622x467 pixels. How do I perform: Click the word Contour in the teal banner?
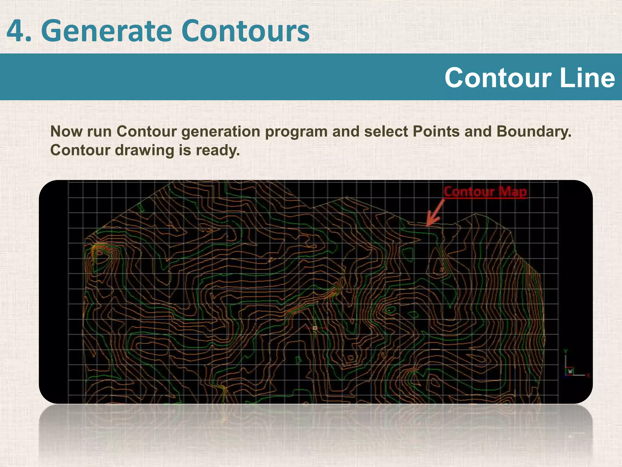tap(498, 78)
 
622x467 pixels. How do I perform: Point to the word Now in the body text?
tap(67, 132)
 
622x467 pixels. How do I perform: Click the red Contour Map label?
tap(485, 192)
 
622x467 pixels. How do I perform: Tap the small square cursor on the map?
tap(315, 328)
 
